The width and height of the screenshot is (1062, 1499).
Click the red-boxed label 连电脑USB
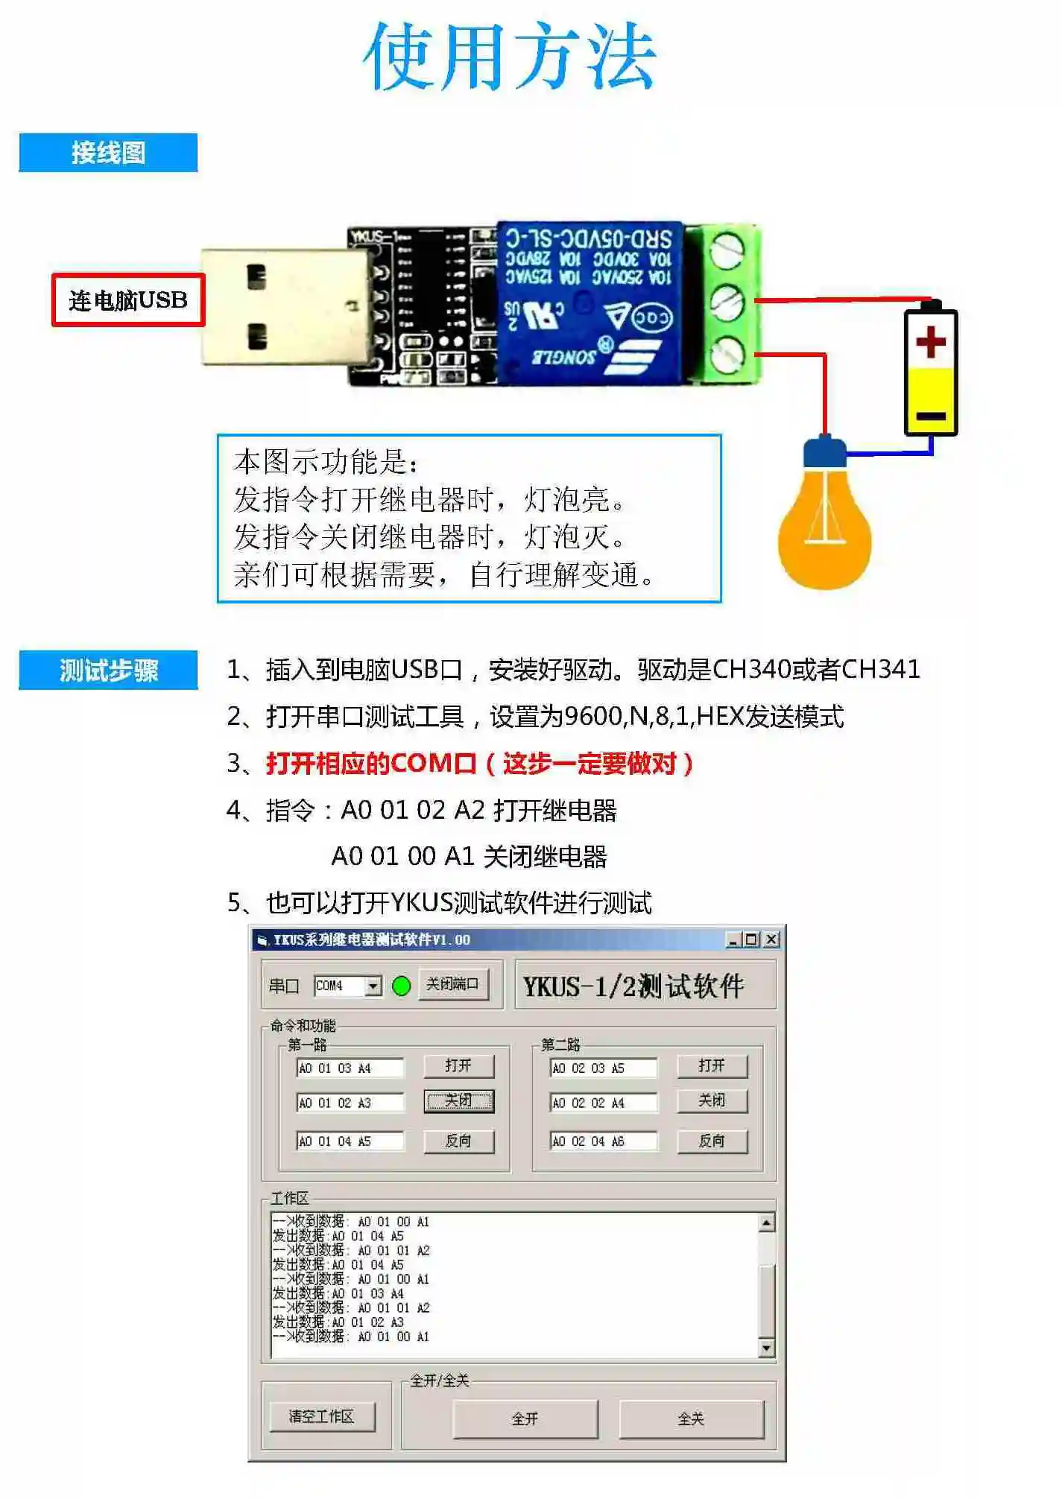(x=128, y=300)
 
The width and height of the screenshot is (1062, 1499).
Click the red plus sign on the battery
(x=930, y=343)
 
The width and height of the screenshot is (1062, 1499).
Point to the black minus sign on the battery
(x=930, y=416)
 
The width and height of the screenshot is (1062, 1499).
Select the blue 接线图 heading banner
(x=108, y=153)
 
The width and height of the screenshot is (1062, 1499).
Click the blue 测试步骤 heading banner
(x=108, y=670)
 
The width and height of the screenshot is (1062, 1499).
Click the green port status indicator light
(x=401, y=986)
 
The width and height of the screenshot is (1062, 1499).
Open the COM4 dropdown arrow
(x=373, y=986)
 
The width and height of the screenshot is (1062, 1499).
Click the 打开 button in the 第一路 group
(x=458, y=1066)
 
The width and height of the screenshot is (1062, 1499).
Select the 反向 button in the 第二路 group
(x=712, y=1141)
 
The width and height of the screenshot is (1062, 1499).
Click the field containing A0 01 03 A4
(x=350, y=1068)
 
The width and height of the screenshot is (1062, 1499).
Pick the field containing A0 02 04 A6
(x=603, y=1141)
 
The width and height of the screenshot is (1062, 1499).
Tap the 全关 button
(x=691, y=1419)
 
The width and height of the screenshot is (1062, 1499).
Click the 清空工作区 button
(x=321, y=1416)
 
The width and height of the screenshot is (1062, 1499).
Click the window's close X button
(x=772, y=939)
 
